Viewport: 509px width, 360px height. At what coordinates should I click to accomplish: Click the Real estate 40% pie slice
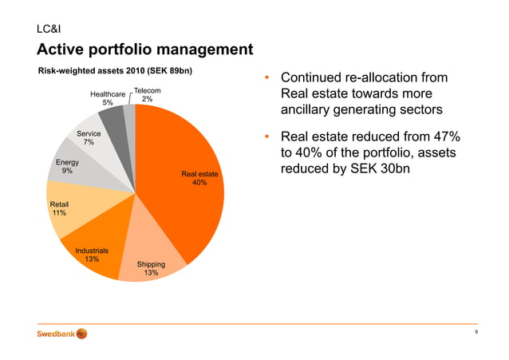[x=180, y=176]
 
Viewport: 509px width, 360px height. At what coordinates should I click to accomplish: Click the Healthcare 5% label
[x=108, y=98]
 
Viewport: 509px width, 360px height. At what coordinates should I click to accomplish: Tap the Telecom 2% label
[x=148, y=95]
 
